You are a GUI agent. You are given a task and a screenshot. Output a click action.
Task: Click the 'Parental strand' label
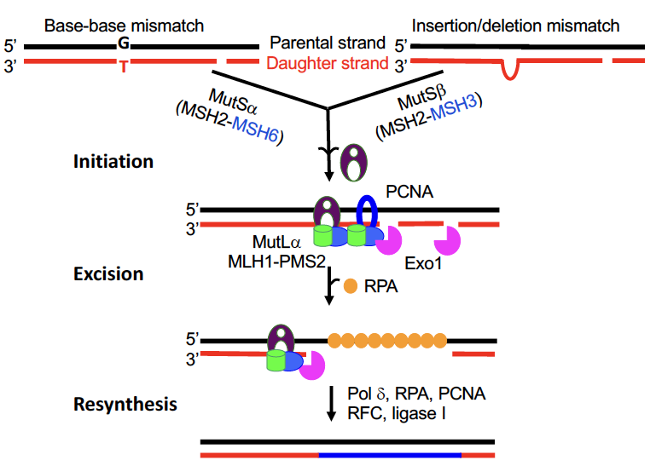point(328,43)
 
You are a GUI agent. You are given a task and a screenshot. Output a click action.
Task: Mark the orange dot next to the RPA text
point(350,287)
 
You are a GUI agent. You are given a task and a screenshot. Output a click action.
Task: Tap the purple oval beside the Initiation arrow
point(352,162)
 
